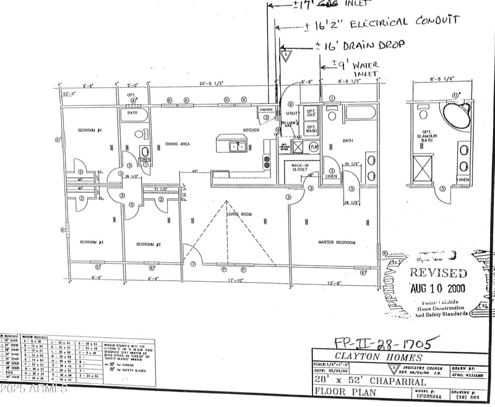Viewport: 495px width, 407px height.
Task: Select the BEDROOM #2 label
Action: click(x=148, y=245)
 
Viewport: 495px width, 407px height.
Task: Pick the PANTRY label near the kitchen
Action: click(x=266, y=110)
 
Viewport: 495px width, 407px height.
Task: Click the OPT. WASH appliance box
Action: click(x=311, y=129)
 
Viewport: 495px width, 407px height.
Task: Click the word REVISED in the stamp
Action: click(x=439, y=273)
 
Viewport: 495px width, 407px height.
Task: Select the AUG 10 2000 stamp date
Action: click(x=438, y=288)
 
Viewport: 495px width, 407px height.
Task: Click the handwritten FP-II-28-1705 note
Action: click(x=387, y=342)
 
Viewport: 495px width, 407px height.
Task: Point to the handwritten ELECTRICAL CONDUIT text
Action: click(x=405, y=22)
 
